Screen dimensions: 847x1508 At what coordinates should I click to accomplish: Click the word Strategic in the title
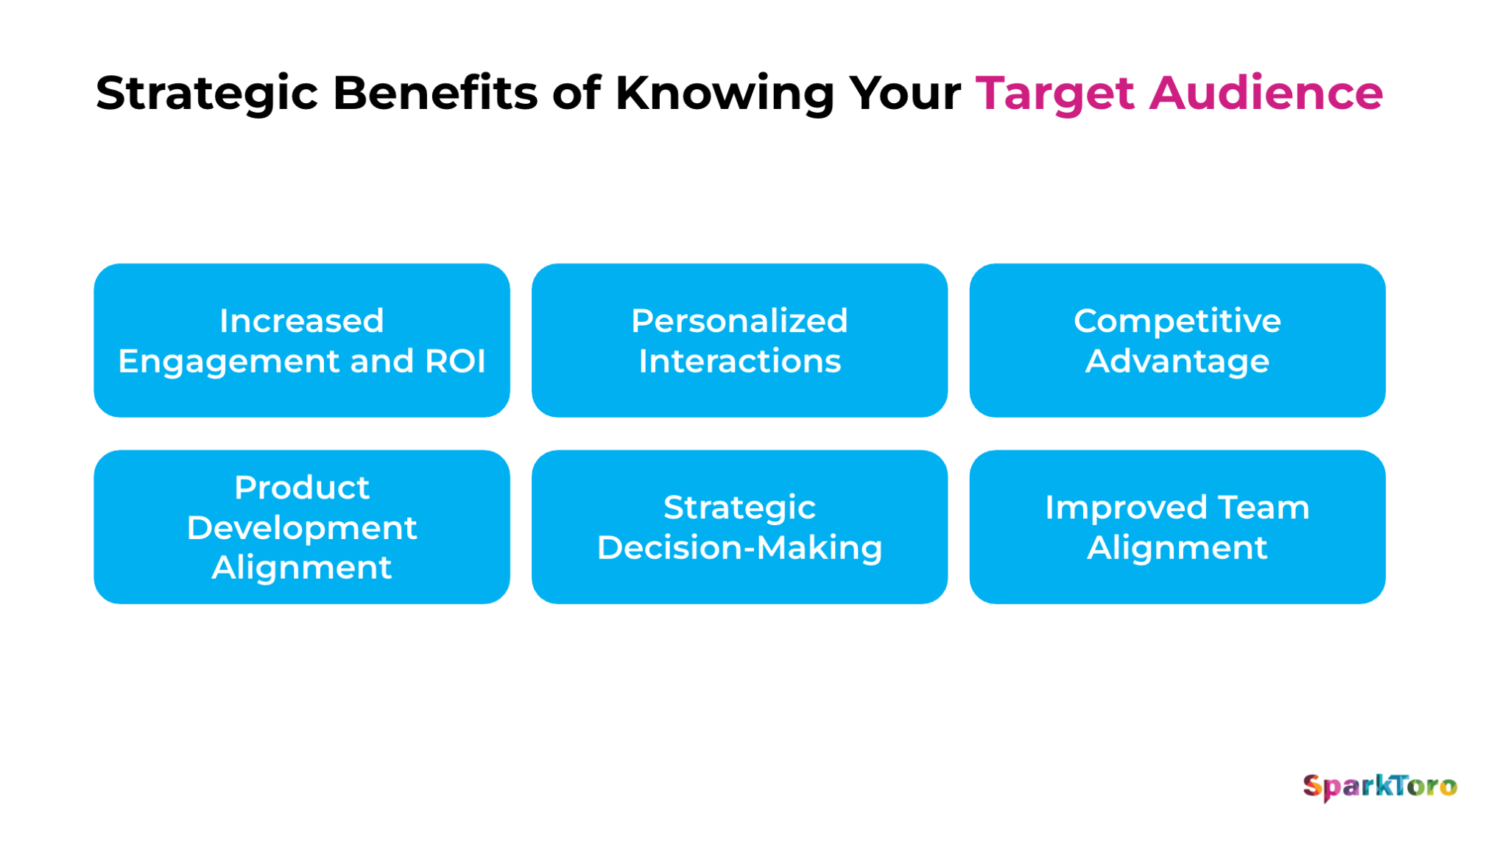[206, 94]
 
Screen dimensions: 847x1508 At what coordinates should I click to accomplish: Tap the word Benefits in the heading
[434, 93]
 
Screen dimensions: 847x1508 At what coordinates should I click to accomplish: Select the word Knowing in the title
[725, 94]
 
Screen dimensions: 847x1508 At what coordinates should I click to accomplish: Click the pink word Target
[1054, 94]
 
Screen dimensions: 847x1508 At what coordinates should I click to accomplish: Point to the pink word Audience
[1266, 93]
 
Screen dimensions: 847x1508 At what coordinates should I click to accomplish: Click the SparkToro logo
[1380, 786]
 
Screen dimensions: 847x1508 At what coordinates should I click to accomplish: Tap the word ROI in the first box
[455, 361]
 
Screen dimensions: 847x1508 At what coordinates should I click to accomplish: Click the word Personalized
[739, 321]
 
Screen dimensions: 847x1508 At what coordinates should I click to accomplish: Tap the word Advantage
[1177, 361]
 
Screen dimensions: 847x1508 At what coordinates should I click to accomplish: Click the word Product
[301, 488]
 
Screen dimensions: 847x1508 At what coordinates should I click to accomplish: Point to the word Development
[301, 527]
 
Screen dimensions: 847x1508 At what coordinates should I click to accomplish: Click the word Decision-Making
[739, 548]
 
